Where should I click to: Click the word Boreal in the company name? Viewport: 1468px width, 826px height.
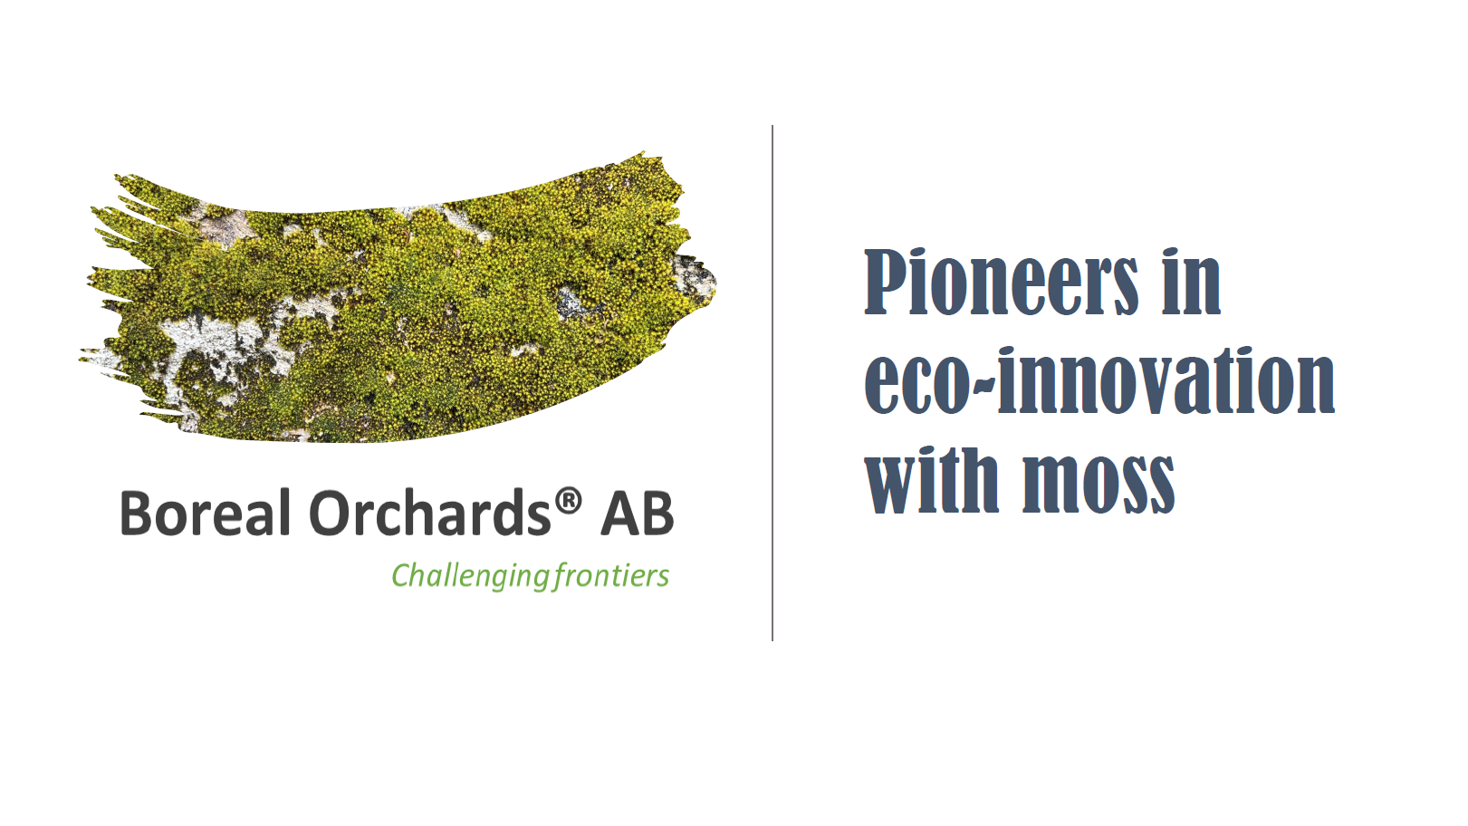tap(206, 513)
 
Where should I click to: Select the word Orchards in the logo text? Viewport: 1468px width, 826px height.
tap(430, 513)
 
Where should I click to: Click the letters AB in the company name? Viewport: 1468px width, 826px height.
tap(637, 514)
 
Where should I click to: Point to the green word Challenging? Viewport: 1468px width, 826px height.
tap(471, 576)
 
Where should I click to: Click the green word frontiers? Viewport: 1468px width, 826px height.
tap(611, 575)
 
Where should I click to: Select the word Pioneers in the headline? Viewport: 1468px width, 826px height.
tap(1002, 282)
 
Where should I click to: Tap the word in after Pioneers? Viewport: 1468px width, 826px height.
tap(1192, 282)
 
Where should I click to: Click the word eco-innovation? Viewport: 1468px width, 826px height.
tap(1099, 381)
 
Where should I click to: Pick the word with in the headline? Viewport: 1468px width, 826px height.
tap(931, 480)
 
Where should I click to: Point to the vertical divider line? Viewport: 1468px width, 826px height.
tap(772, 383)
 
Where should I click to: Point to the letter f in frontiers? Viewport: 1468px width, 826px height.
tap(561, 576)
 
